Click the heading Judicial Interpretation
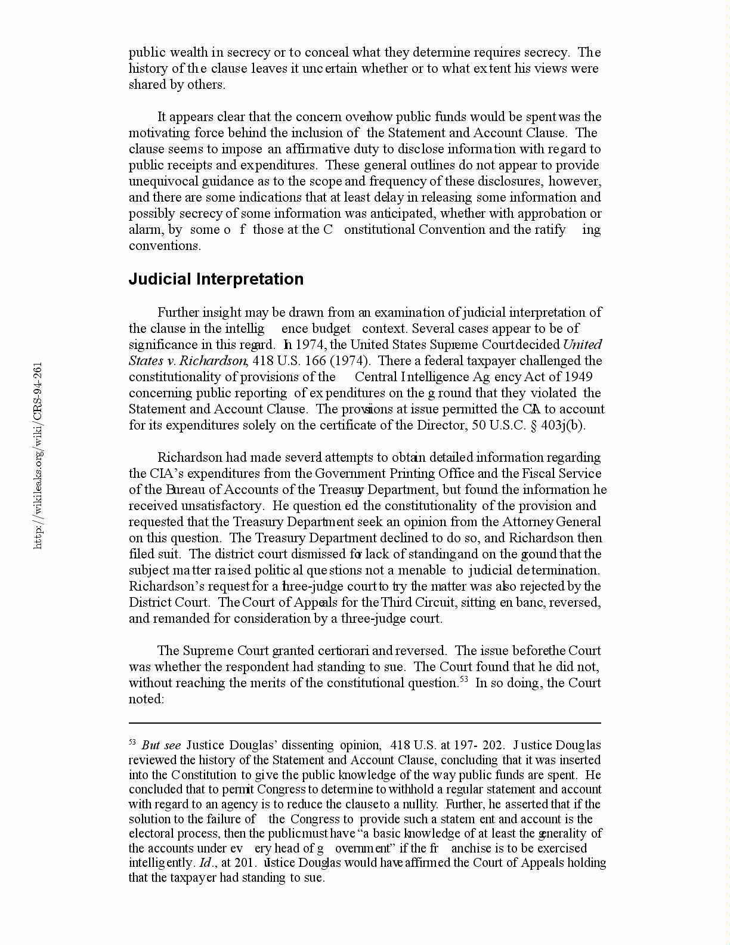pyautogui.click(x=216, y=279)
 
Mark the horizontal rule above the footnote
pyautogui.click(x=364, y=723)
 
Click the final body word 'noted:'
pyautogui.click(x=146, y=699)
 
